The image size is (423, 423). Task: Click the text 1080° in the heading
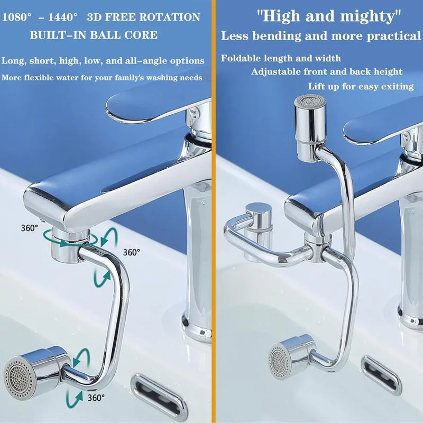pyautogui.click(x=18, y=17)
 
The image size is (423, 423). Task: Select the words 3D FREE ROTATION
pyautogui.click(x=143, y=17)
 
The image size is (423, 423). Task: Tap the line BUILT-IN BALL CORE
pyautogui.click(x=94, y=35)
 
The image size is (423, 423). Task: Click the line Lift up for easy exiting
pyautogui.click(x=361, y=86)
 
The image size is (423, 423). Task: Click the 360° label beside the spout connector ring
pyautogui.click(x=30, y=228)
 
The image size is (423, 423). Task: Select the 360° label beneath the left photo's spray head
pyautogui.click(x=96, y=397)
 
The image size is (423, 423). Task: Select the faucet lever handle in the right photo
pyautogui.click(x=381, y=124)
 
